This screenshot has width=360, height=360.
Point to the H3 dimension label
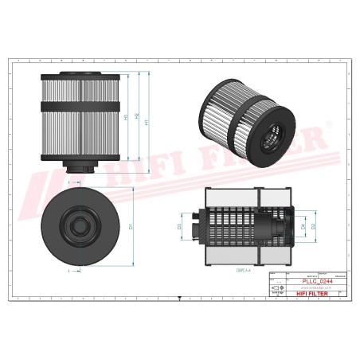click(126, 118)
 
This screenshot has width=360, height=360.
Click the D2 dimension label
click(313, 227)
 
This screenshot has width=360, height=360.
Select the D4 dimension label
click(303, 227)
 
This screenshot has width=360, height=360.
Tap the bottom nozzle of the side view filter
click(80, 166)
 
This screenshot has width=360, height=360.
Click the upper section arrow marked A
click(71, 183)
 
